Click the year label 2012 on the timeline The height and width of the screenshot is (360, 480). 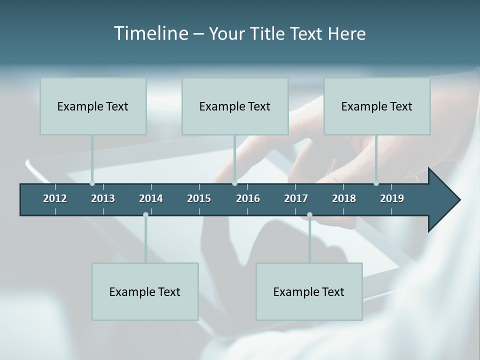[55, 198]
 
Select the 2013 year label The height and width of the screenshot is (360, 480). [103, 198]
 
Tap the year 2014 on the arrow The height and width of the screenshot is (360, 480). [151, 198]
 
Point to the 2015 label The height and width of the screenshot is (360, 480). [199, 198]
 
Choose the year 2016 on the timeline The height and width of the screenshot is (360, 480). [248, 198]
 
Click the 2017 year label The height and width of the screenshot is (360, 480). [296, 198]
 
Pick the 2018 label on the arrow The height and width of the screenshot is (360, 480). [344, 198]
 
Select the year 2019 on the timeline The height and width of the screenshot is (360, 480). [392, 198]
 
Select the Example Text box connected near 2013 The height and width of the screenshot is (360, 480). [93, 106]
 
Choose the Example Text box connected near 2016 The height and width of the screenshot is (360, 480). [235, 106]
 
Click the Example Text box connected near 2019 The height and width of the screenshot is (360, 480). [377, 106]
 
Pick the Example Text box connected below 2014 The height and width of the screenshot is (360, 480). [145, 291]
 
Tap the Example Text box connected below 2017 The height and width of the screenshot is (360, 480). [309, 291]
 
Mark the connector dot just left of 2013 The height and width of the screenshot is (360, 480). [92, 183]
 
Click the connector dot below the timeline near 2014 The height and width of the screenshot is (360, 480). [145, 215]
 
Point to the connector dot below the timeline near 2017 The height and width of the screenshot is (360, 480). [309, 215]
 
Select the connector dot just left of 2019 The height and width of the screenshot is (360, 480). [376, 183]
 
